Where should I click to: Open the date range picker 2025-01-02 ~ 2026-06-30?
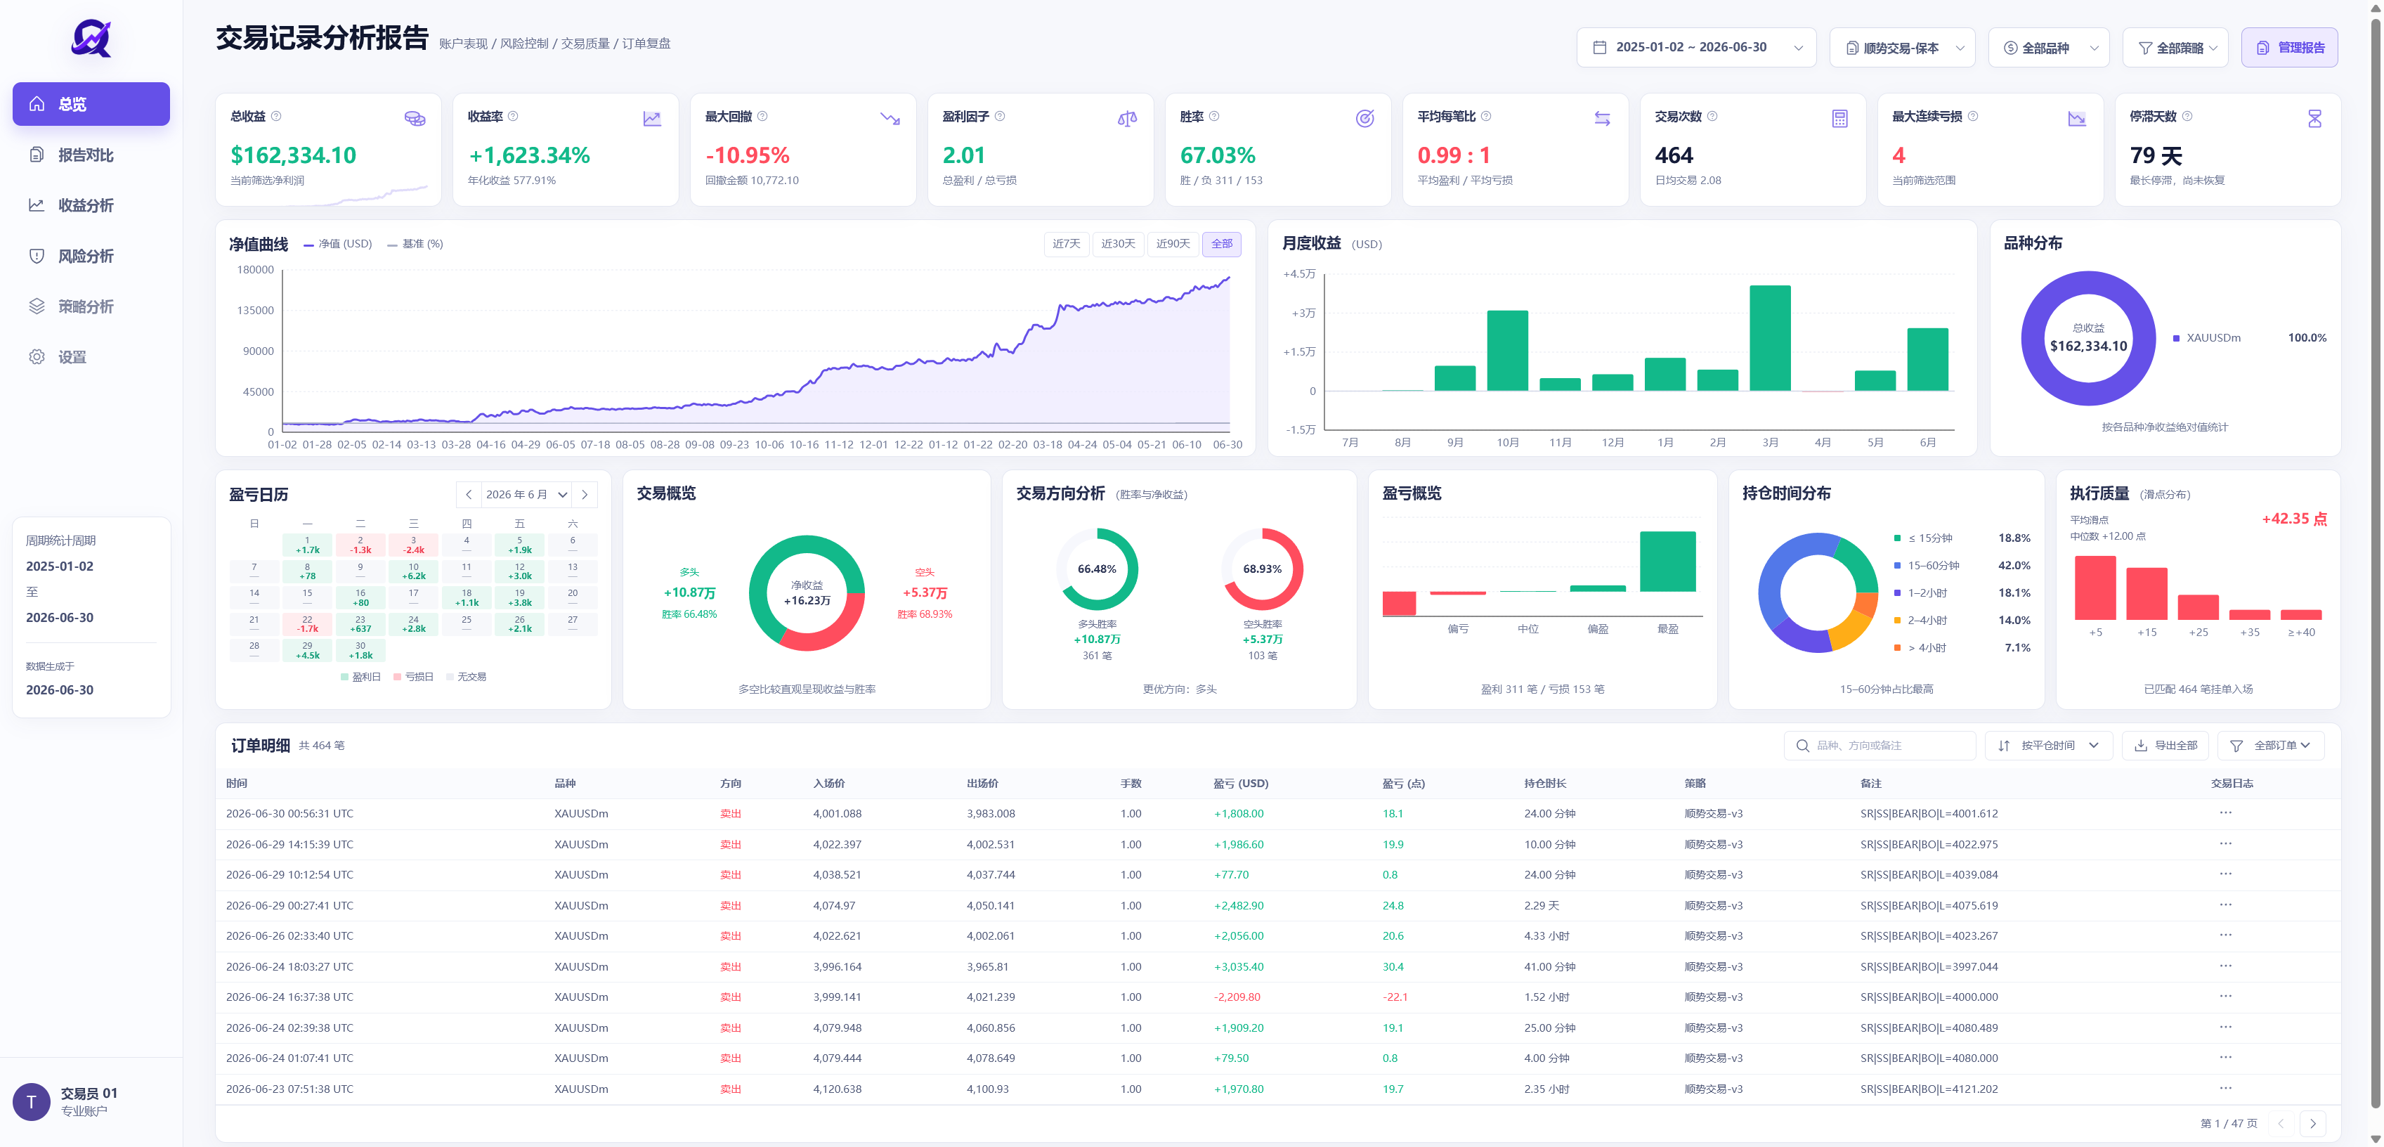click(x=1695, y=47)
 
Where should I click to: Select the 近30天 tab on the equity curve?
click(x=1118, y=243)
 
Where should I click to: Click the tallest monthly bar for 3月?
click(x=1769, y=338)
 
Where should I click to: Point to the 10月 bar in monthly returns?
click(x=1506, y=351)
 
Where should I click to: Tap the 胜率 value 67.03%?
click(x=1217, y=155)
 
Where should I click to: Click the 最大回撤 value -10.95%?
click(x=747, y=155)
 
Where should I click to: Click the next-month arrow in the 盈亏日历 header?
click(x=585, y=494)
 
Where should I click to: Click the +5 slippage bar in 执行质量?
click(x=2095, y=588)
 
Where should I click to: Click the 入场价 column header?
click(x=828, y=783)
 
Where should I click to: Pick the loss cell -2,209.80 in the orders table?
click(x=1237, y=997)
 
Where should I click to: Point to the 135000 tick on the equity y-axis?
click(x=256, y=310)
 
